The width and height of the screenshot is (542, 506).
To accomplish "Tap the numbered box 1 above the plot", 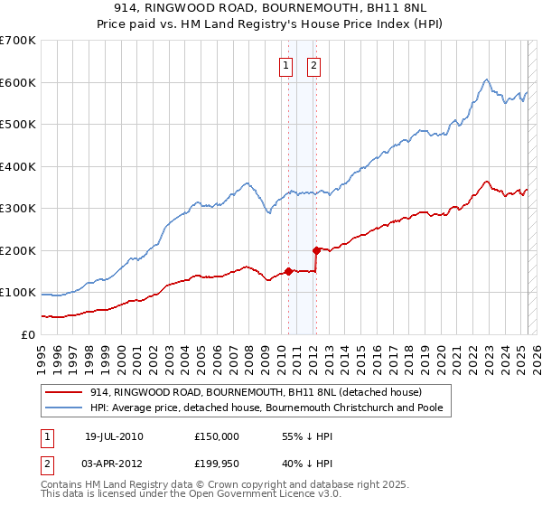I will (285, 64).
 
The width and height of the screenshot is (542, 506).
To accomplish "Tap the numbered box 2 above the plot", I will (313, 64).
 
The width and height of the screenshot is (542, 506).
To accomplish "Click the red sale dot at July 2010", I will (288, 270).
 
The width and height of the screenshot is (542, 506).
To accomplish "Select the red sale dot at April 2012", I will (315, 250).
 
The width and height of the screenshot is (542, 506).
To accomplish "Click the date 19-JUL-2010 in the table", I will (113, 436).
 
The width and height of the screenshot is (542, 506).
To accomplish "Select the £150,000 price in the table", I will (216, 436).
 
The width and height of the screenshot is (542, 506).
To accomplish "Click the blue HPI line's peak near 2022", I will (486, 80).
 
